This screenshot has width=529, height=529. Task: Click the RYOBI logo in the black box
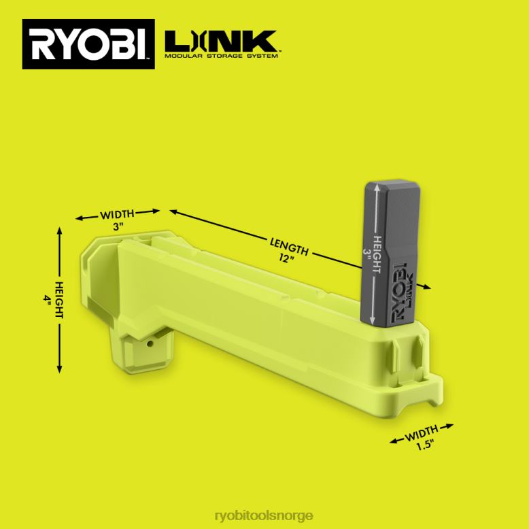tap(88, 44)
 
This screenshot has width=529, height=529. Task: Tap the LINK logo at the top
tap(221, 41)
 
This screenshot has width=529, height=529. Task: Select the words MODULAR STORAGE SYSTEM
tap(221, 56)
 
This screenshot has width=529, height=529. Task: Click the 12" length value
tap(287, 258)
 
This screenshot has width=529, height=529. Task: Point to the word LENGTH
tap(290, 247)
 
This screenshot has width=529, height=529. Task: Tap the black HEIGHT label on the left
tap(58, 300)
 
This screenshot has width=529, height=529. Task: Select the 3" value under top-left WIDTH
tap(118, 226)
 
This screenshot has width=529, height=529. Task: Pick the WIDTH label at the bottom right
tap(422, 433)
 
